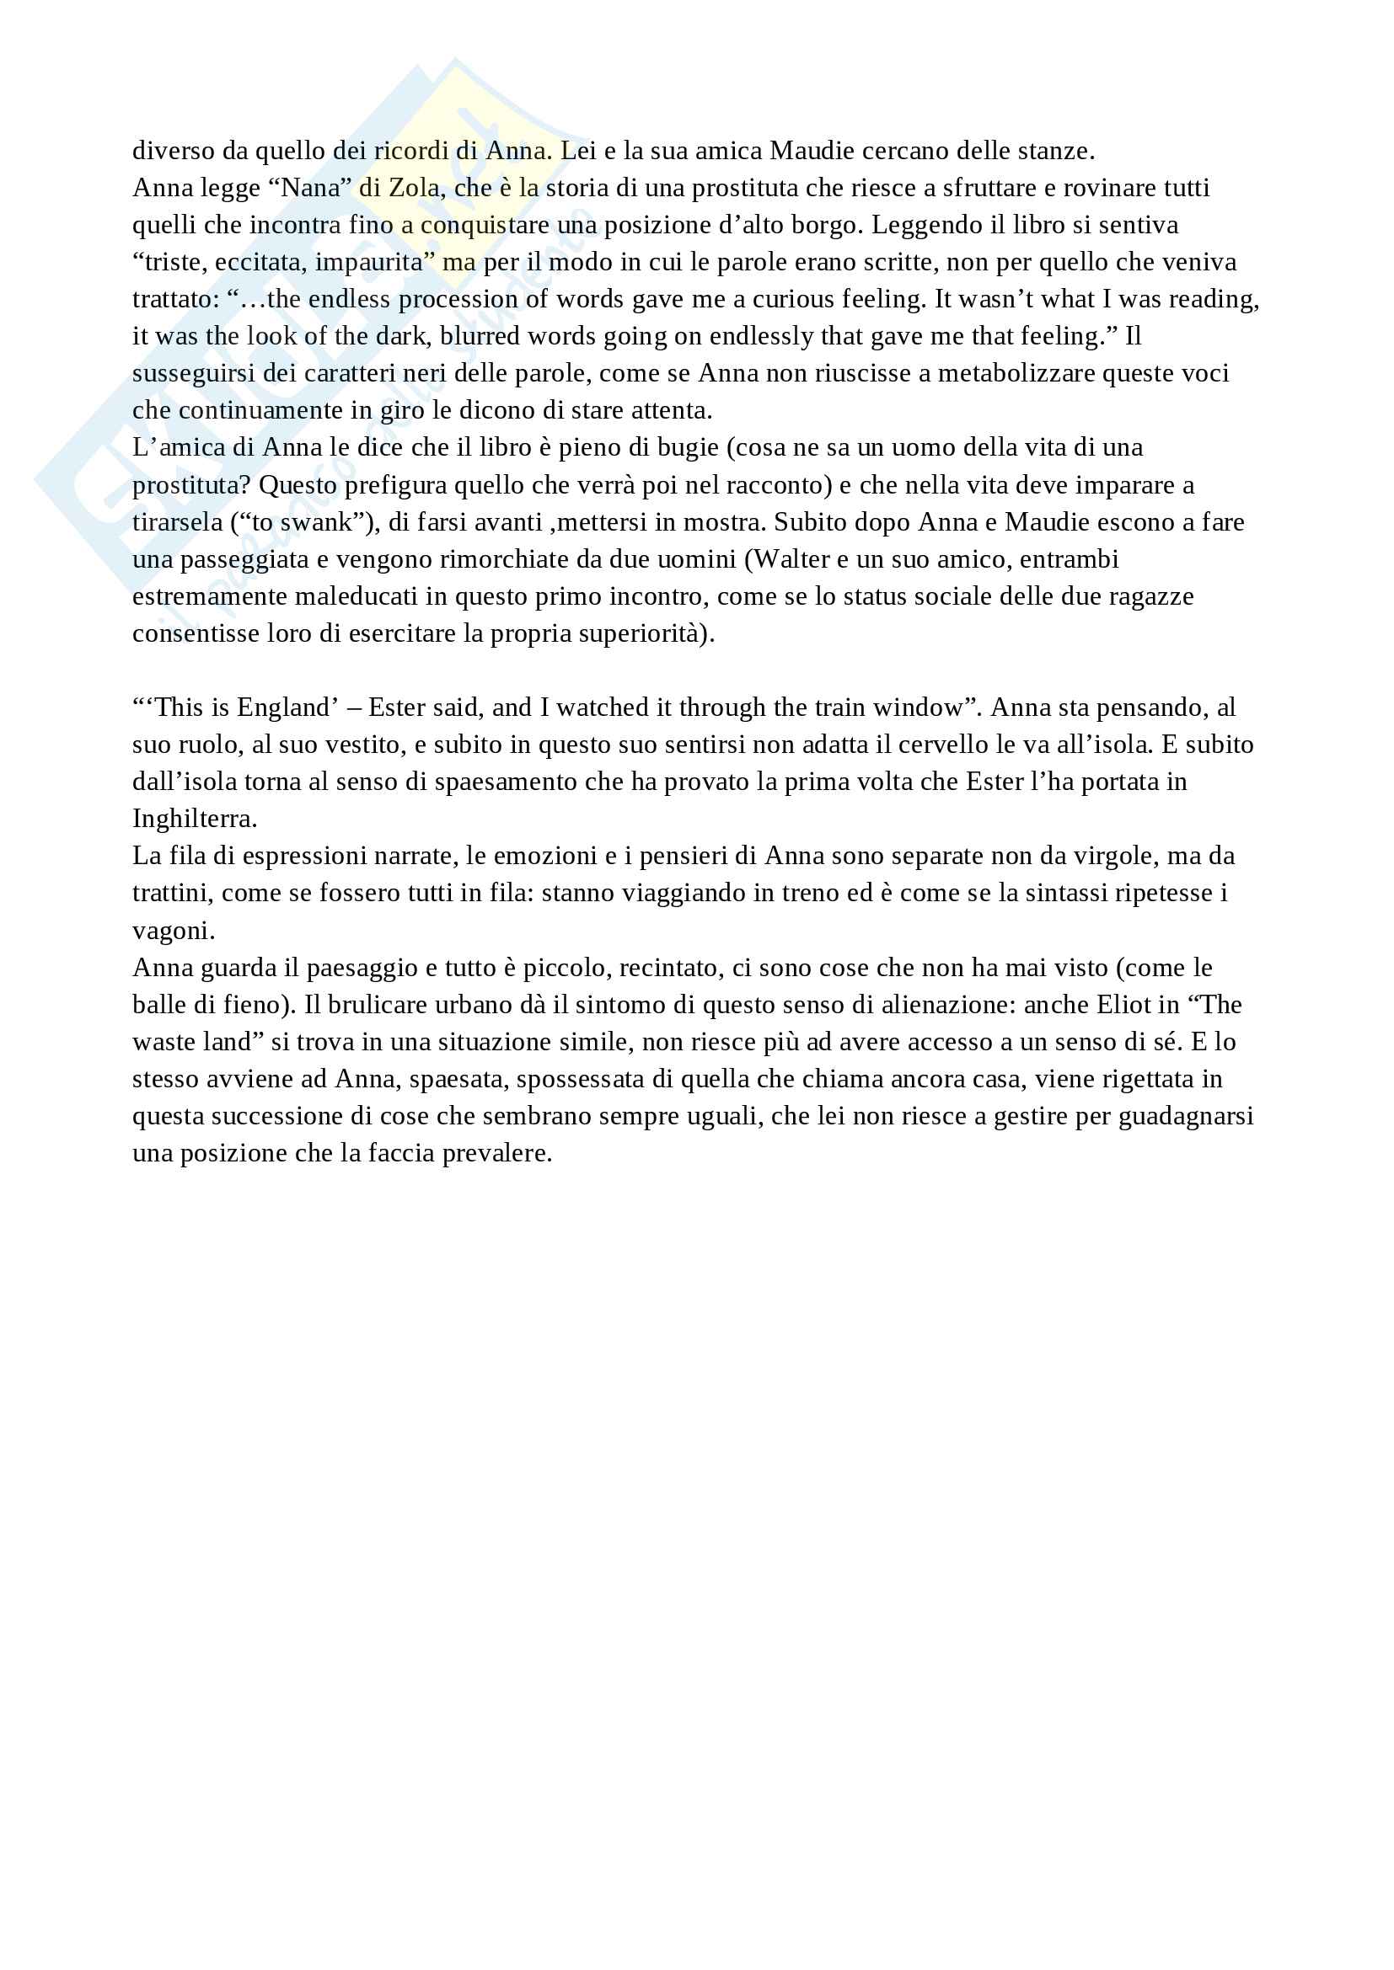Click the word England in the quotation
[282, 707]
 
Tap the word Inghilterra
[194, 819]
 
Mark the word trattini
[174, 893]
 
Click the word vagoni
[174, 930]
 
